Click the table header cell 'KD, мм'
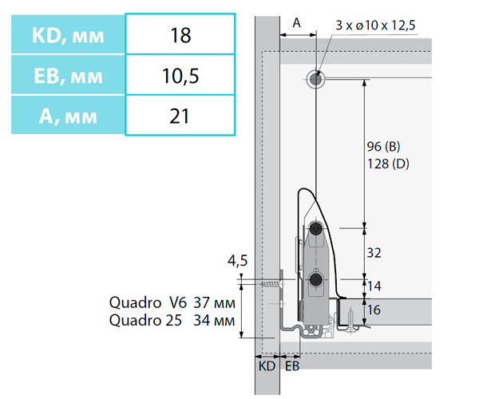(68, 36)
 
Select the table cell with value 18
(180, 36)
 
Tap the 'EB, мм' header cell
(68, 76)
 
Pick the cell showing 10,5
(180, 76)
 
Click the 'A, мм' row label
(68, 116)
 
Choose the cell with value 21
(180, 116)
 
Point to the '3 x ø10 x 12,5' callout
(375, 26)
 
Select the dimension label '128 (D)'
(388, 164)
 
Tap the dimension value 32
(374, 253)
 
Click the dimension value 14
(374, 285)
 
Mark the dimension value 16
(374, 310)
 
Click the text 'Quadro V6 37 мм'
(172, 303)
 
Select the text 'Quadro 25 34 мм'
(172, 321)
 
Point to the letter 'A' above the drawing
(297, 24)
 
